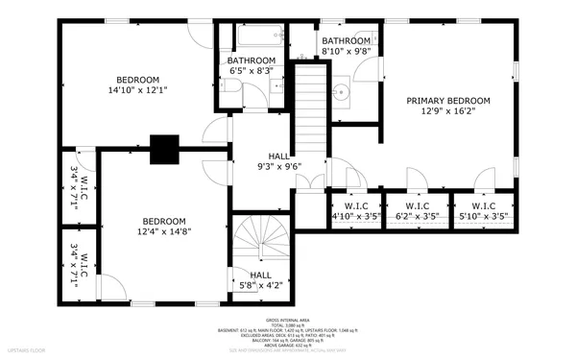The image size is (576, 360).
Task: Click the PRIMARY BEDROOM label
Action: click(x=447, y=101)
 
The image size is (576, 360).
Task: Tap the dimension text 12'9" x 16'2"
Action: click(x=447, y=111)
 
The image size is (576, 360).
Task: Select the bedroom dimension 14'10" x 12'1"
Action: click(x=138, y=90)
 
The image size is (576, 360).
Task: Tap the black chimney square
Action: click(x=164, y=148)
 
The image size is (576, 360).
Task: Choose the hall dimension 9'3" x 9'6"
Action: click(x=278, y=166)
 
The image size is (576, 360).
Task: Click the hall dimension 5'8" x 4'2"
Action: click(x=260, y=285)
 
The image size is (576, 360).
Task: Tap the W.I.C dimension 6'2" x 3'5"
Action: click(x=417, y=217)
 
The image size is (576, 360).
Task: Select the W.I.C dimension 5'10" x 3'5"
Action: click(x=483, y=217)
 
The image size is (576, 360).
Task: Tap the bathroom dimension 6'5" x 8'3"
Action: click(x=251, y=71)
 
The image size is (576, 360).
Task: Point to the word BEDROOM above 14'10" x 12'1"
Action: click(x=138, y=80)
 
